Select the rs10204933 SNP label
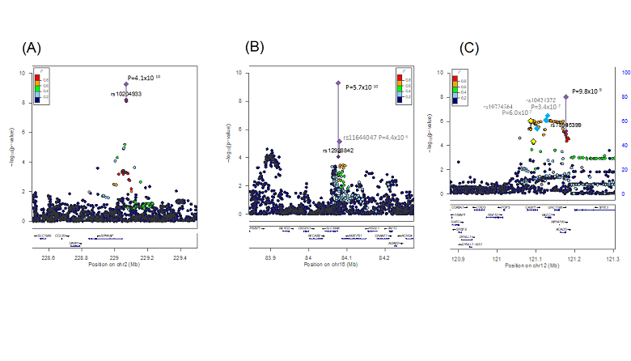pyautogui.click(x=125, y=94)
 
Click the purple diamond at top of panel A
pyautogui.click(x=125, y=83)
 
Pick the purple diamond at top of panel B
pyautogui.click(x=339, y=83)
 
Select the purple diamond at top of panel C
pyautogui.click(x=565, y=96)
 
